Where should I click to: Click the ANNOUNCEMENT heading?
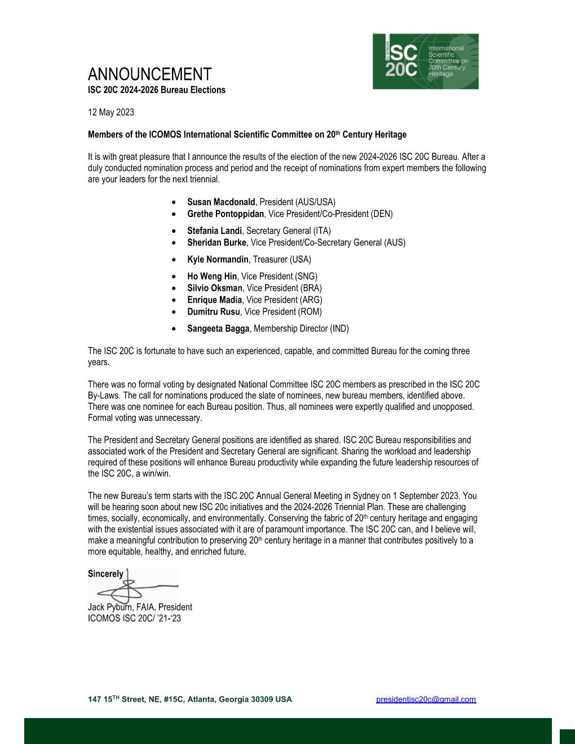(x=149, y=74)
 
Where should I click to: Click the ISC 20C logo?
(x=425, y=61)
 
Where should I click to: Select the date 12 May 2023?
(x=111, y=112)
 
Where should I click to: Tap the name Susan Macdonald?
(x=221, y=202)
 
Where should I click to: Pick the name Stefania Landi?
(x=214, y=231)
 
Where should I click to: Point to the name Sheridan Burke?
(x=216, y=242)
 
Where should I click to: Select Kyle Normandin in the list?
(x=218, y=259)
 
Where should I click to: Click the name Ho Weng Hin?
(x=212, y=276)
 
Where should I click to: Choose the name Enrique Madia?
(x=214, y=300)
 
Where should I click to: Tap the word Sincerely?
(x=105, y=574)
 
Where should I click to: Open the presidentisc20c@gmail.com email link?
(x=426, y=699)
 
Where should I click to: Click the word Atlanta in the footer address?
(x=201, y=699)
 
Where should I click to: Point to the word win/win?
(x=154, y=473)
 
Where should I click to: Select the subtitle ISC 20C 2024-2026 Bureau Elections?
(x=156, y=90)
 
